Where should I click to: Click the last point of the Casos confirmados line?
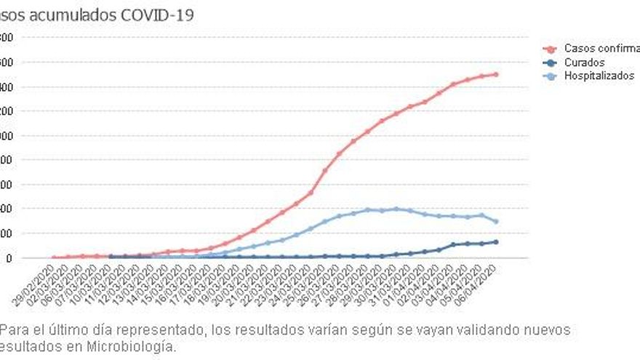coord(496,74)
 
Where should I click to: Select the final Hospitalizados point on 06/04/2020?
coord(496,222)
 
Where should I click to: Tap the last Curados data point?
coord(496,241)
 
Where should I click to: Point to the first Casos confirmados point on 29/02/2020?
coord(55,257)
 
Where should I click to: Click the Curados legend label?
coord(584,63)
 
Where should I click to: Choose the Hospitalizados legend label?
coord(599,76)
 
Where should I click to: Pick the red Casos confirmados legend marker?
coord(551,49)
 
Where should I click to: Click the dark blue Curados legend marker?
coord(551,63)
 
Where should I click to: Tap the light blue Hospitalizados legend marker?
coord(551,76)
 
